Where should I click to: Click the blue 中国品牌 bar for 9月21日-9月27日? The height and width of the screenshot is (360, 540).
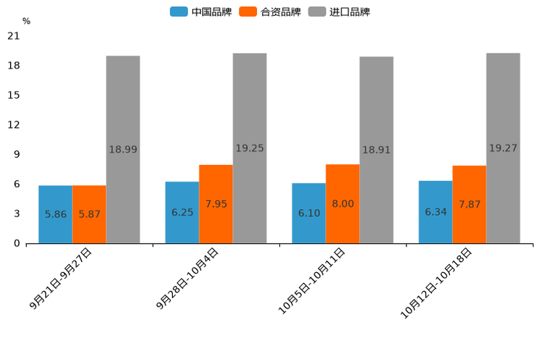[x=55, y=214]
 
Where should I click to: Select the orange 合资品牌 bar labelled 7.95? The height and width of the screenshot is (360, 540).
[x=216, y=204]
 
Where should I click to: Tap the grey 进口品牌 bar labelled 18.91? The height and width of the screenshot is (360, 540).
[x=376, y=150]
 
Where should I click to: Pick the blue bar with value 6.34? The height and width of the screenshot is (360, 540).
[x=435, y=212]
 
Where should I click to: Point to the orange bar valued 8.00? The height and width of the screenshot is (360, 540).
[x=343, y=204]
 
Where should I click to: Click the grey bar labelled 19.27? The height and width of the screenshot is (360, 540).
[x=503, y=148]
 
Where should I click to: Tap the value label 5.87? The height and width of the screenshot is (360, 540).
[x=89, y=214]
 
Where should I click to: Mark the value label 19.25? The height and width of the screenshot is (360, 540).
[x=250, y=148]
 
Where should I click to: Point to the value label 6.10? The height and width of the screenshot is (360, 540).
[x=309, y=213]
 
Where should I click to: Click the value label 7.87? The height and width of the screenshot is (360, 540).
[x=470, y=205]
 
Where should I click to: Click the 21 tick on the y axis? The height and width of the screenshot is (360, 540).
[x=14, y=36]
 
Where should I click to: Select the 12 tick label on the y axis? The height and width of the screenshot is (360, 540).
[x=14, y=125]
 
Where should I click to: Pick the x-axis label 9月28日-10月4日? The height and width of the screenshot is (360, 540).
[x=187, y=279]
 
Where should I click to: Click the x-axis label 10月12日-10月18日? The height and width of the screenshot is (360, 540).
[x=437, y=282]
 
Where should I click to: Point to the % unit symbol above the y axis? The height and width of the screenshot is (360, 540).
[x=26, y=21]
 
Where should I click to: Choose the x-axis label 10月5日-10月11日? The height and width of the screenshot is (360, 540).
[x=312, y=281]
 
